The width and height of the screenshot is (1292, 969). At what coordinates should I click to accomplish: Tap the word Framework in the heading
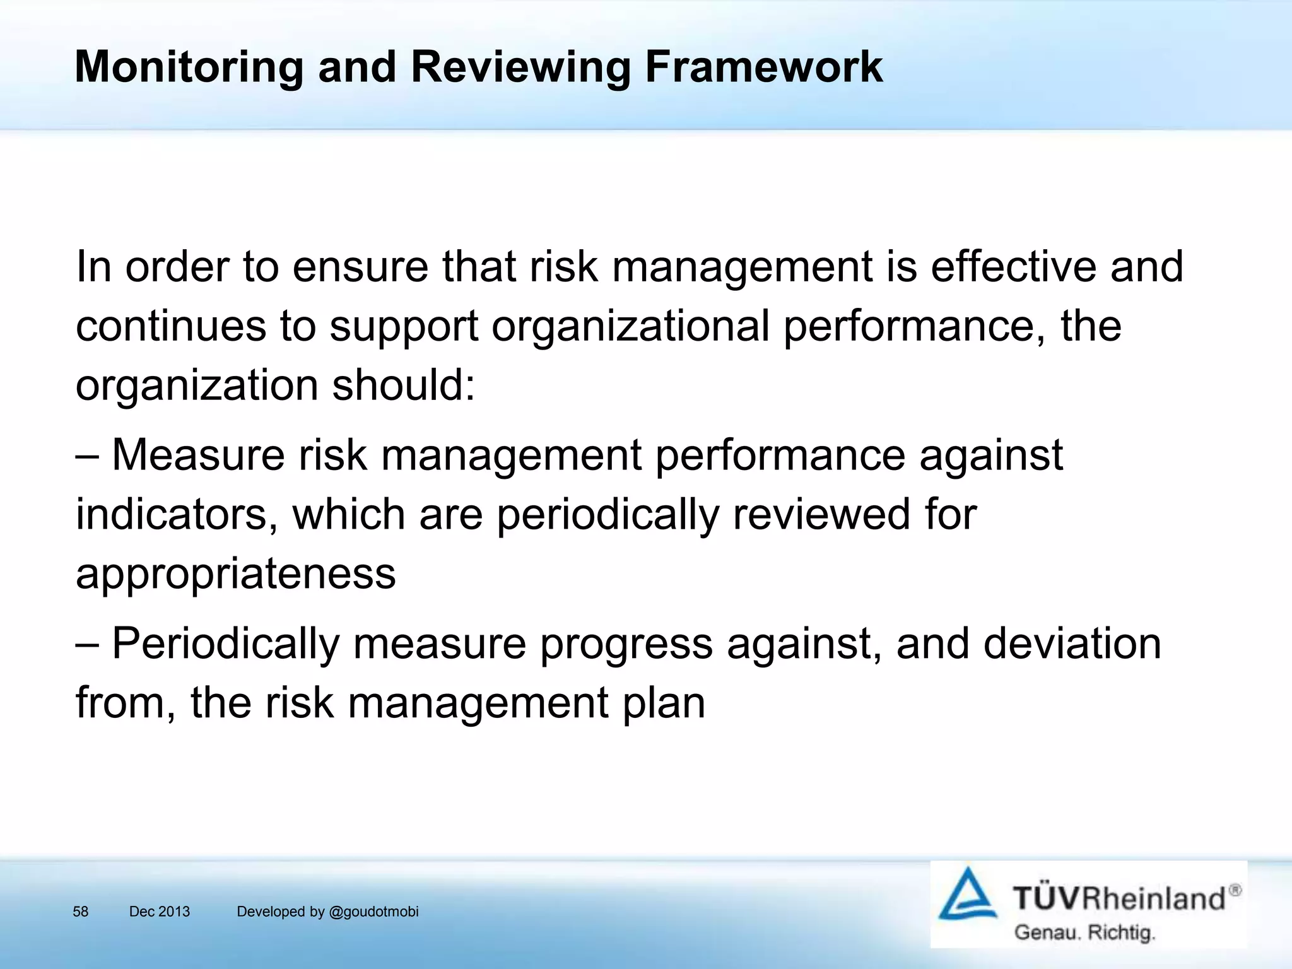[x=763, y=67]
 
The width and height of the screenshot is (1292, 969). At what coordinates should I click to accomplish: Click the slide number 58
[x=81, y=912]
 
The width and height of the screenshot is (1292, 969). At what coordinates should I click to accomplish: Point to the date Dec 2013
[x=159, y=912]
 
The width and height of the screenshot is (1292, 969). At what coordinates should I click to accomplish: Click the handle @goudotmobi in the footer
[x=374, y=912]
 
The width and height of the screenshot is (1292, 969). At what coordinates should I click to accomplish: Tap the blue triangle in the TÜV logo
[x=967, y=896]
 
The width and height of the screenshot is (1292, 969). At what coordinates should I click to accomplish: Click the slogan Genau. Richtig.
[x=1084, y=932]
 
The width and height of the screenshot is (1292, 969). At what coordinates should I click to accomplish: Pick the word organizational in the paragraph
[x=630, y=326]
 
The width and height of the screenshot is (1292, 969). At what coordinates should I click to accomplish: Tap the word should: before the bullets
[x=403, y=385]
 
